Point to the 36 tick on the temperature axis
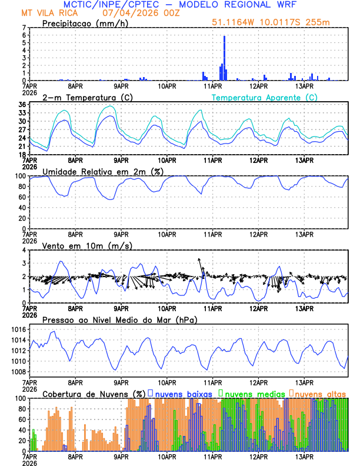(x=22, y=105)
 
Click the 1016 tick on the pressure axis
(x=19, y=329)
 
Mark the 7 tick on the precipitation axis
(x=24, y=28)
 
